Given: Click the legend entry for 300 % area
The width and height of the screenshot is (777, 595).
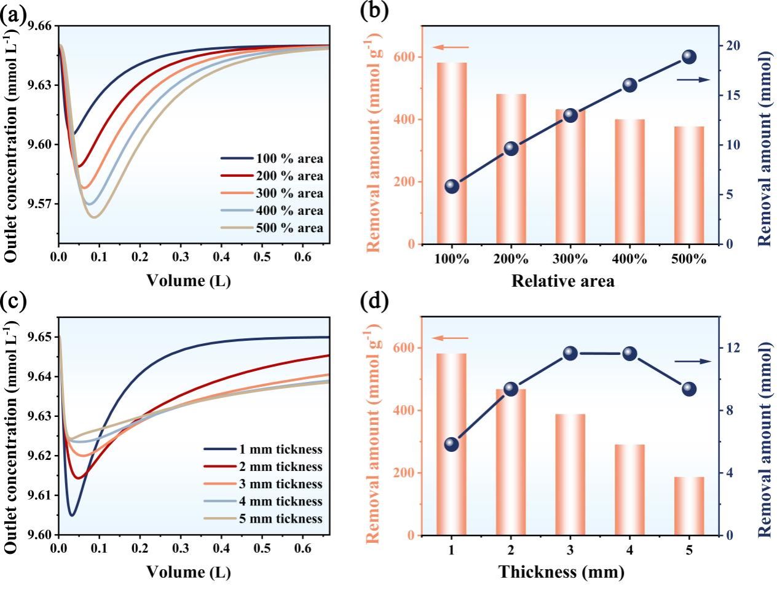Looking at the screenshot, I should (x=272, y=193).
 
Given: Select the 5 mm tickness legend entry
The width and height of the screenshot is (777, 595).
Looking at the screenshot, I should (x=272, y=518).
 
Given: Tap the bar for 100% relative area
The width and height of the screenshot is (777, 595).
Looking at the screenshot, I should (x=452, y=153).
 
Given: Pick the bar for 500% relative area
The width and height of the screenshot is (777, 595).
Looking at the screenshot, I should (x=689, y=185).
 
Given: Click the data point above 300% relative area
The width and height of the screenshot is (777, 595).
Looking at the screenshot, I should (x=570, y=115).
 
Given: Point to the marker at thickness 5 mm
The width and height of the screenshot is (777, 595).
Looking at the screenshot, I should (x=689, y=389).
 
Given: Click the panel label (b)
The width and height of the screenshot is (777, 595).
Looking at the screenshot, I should (x=374, y=12).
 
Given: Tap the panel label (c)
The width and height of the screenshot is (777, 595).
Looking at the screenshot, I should (x=13, y=301).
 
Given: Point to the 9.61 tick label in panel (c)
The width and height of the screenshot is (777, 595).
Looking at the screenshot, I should (x=44, y=495).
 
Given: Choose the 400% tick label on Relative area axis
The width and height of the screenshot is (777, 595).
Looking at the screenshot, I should (x=629, y=259).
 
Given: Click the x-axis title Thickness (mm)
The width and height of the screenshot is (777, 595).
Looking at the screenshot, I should (x=561, y=572).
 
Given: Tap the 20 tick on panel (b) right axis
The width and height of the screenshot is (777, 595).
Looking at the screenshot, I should (x=734, y=46).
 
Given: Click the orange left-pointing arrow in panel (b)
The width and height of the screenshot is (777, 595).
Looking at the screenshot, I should (x=450, y=47).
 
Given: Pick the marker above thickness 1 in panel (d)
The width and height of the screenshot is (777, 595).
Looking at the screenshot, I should (x=452, y=445).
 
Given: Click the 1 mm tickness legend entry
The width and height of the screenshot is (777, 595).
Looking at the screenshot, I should (x=272, y=449).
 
